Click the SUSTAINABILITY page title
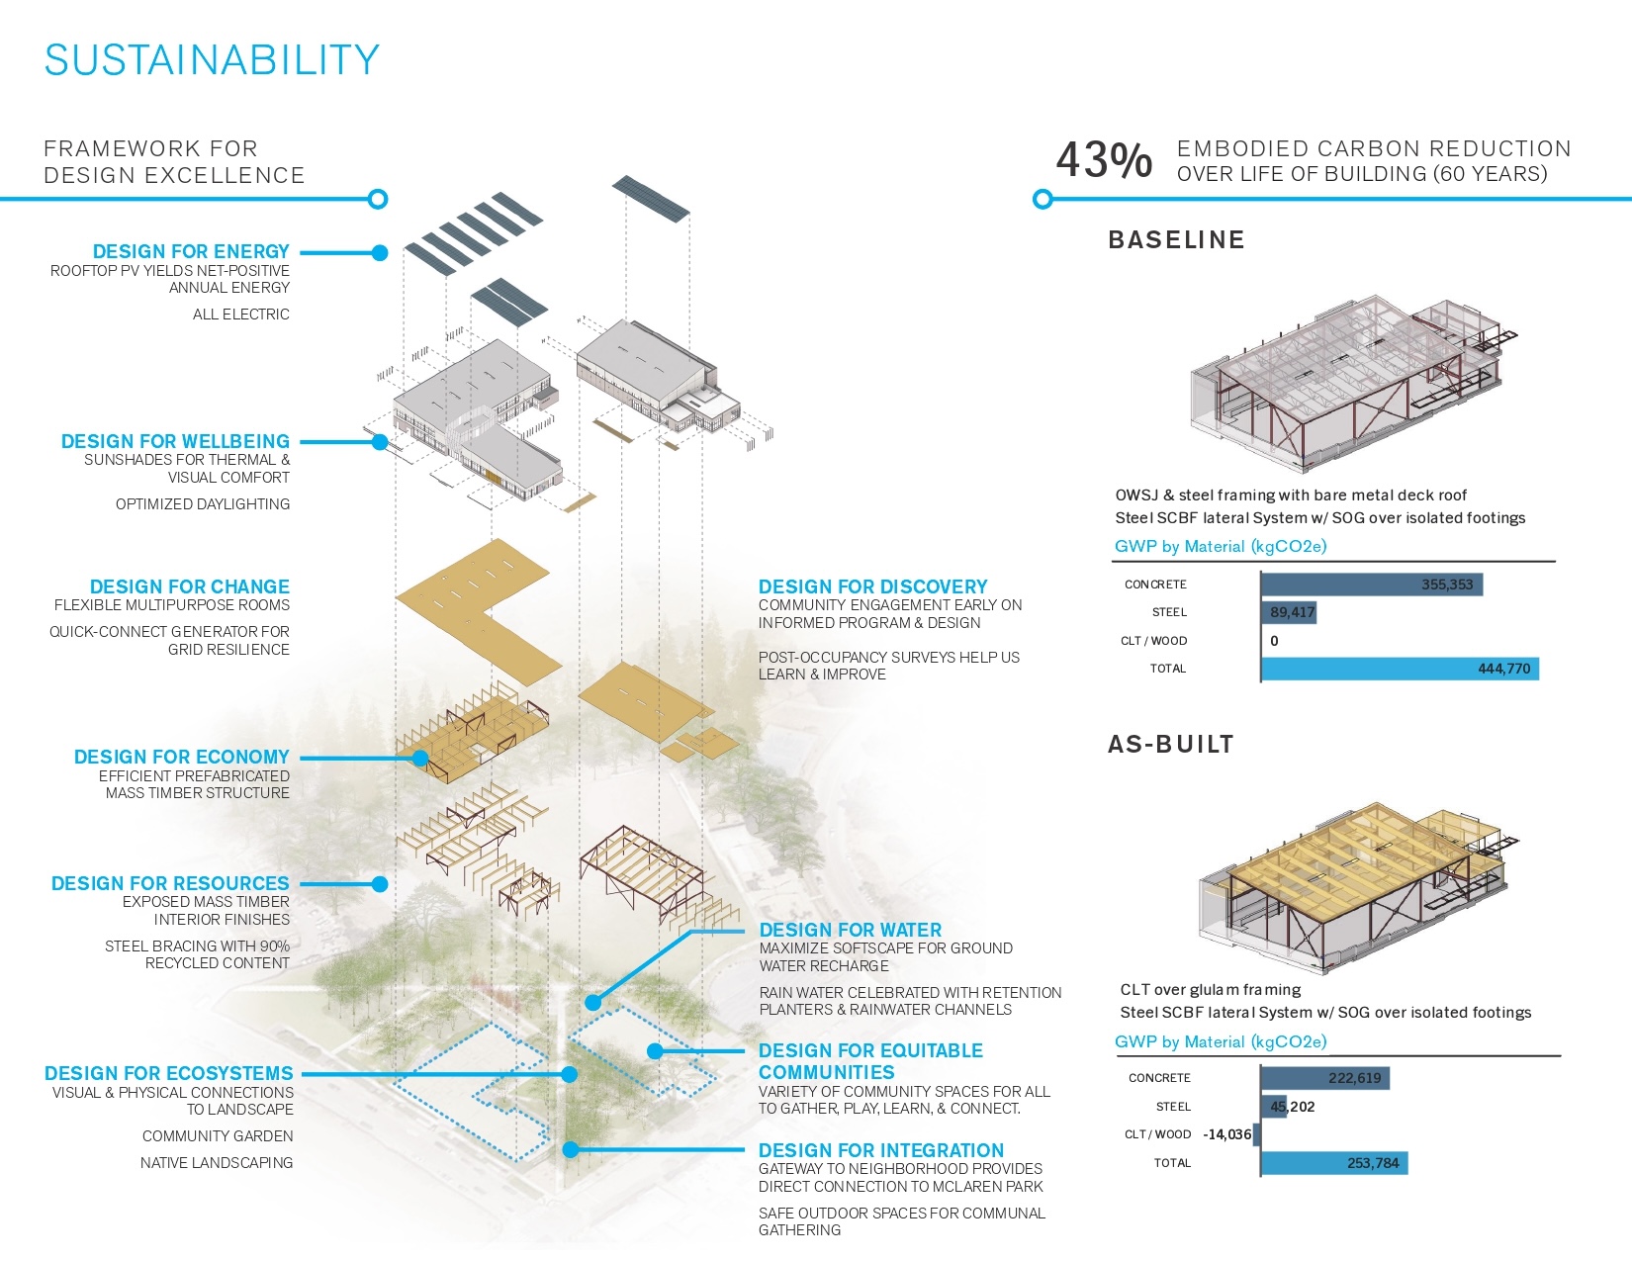212,60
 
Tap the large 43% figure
1103,160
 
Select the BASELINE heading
1176,239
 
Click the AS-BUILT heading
1170,744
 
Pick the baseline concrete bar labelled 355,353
1372,585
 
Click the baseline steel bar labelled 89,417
1289,612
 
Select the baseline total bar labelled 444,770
1400,669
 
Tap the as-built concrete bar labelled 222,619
1324,1078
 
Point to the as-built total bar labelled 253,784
1334,1163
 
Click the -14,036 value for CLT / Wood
1227,1134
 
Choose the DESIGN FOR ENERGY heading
191,251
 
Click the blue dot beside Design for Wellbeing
380,442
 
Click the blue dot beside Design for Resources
380,884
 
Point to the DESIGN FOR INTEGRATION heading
881,1150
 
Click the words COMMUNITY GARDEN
218,1135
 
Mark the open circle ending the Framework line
379,199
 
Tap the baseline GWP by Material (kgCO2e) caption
1221,546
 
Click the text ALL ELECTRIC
241,314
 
